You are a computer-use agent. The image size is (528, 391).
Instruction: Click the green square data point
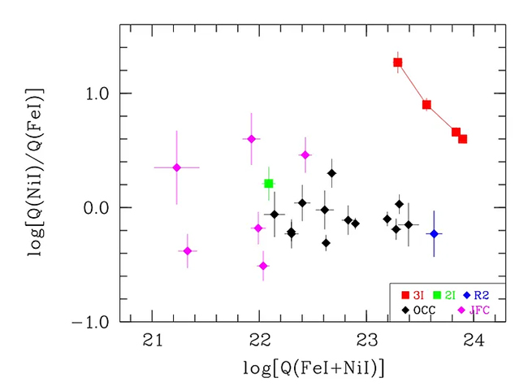click(x=269, y=184)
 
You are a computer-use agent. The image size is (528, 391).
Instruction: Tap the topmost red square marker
click(x=398, y=63)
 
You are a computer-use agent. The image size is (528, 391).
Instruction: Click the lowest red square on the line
click(x=463, y=139)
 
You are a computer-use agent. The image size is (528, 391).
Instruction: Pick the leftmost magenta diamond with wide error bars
click(x=176, y=167)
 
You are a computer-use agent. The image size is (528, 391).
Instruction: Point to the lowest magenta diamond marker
click(x=263, y=266)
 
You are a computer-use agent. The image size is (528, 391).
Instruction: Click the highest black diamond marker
click(x=332, y=173)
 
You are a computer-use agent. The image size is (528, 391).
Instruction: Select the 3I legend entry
click(x=413, y=295)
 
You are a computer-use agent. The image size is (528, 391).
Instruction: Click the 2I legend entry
click(x=444, y=295)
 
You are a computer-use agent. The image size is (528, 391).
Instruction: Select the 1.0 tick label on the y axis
click(x=97, y=93)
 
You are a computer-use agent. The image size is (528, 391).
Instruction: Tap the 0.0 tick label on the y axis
click(x=97, y=208)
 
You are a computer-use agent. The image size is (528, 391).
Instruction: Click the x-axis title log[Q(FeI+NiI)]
click(x=313, y=367)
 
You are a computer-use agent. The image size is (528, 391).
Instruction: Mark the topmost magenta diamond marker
click(x=252, y=139)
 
